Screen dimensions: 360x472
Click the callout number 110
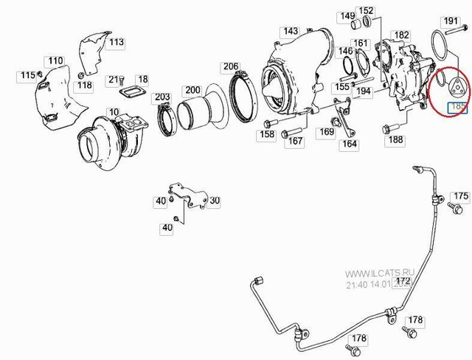pyautogui.click(x=55, y=60)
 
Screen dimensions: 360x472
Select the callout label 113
pyautogui.click(x=117, y=42)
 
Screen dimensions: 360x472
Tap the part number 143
pyautogui.click(x=291, y=31)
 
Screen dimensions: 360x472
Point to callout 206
pyautogui.click(x=231, y=66)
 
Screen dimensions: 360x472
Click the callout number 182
pyautogui.click(x=401, y=35)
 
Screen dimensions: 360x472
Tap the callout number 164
pyautogui.click(x=349, y=145)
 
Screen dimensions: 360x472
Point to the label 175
pyautogui.click(x=460, y=195)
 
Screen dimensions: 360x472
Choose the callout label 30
pyautogui.click(x=214, y=201)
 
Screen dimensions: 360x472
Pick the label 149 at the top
pyautogui.click(x=347, y=15)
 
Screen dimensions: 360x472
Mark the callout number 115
pyautogui.click(x=27, y=75)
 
